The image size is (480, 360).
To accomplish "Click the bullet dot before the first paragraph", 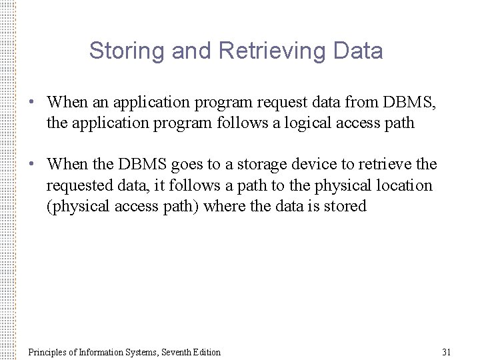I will (31, 103).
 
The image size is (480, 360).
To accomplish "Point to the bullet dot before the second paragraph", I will (31, 164).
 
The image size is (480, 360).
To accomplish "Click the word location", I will (403, 185).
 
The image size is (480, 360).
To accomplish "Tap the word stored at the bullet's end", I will (346, 206).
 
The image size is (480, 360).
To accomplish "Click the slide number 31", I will (447, 351).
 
